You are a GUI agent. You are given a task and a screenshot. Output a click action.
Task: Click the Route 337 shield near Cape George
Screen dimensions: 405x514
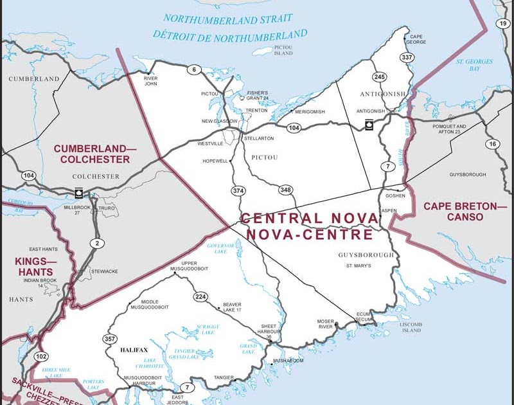(406, 58)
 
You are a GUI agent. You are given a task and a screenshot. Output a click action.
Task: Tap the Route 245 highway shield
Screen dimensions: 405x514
(379, 77)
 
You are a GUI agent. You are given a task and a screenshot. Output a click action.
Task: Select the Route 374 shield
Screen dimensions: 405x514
(239, 191)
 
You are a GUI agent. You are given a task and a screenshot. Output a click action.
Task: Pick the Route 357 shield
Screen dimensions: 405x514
(110, 339)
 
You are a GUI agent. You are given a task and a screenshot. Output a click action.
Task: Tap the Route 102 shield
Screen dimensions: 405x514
(42, 356)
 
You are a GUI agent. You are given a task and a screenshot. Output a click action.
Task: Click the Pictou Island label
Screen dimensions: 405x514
(283, 50)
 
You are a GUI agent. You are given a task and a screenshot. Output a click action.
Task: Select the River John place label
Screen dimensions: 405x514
(150, 80)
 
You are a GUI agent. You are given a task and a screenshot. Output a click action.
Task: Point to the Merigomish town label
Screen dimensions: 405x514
(310, 112)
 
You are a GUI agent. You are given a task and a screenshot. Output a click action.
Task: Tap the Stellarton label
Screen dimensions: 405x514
(258, 138)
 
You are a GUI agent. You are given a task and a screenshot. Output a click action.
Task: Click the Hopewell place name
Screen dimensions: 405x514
(215, 161)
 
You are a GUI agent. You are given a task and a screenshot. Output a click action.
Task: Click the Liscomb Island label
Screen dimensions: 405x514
(411, 327)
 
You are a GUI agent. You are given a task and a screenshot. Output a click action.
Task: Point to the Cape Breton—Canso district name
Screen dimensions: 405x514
(465, 212)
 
